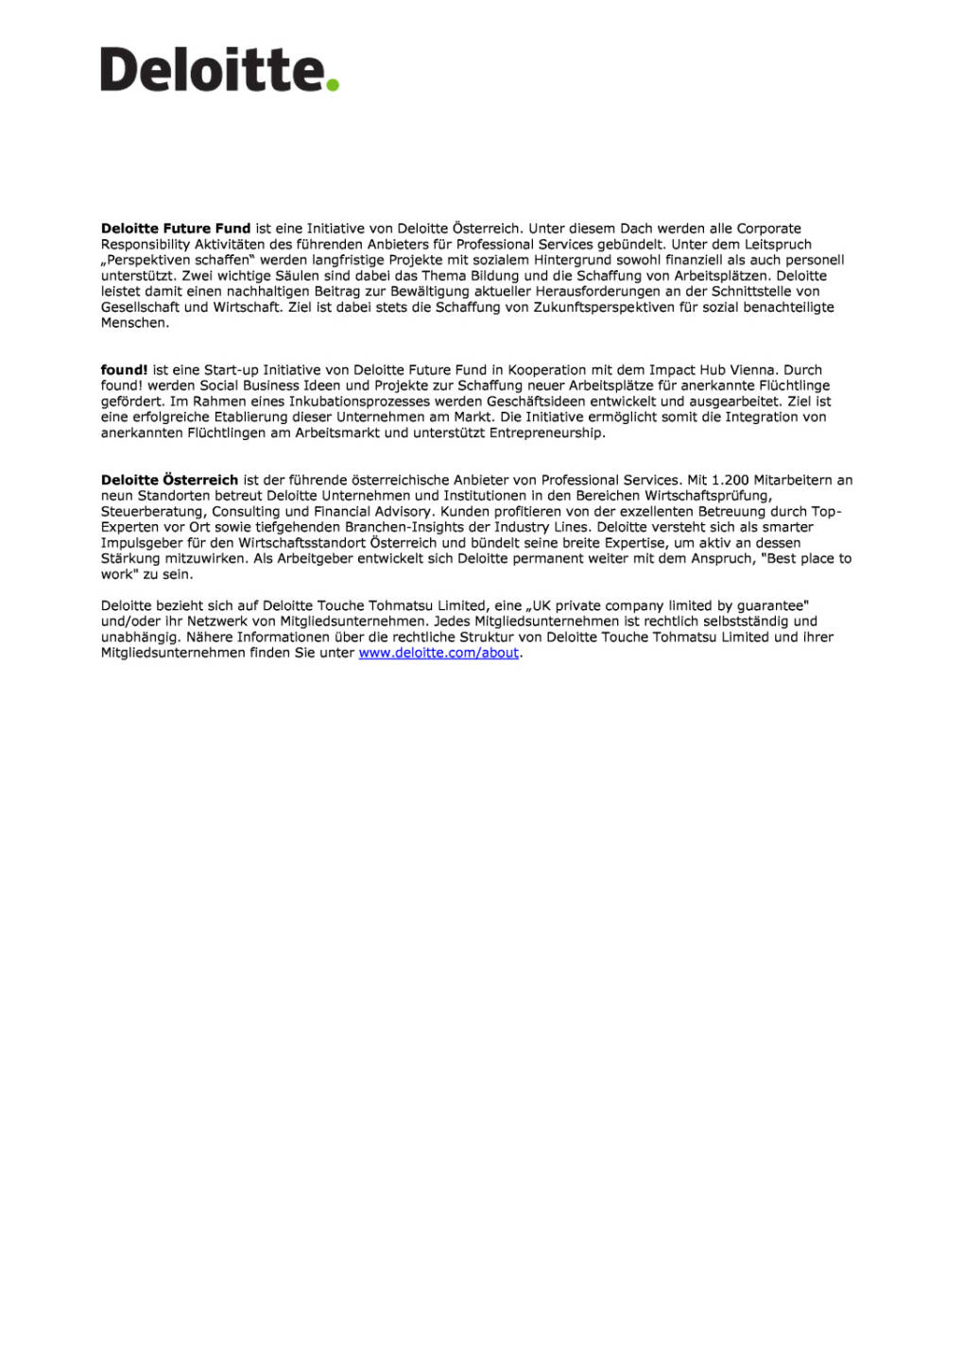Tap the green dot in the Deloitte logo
point(332,85)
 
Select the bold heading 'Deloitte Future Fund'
point(176,229)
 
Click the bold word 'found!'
point(124,370)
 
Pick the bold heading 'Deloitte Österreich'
point(169,480)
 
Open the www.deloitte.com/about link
point(439,653)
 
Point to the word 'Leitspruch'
point(778,245)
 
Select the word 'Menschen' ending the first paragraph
point(133,323)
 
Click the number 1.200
point(730,480)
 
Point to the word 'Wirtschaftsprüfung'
point(709,496)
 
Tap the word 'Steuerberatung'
point(152,512)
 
